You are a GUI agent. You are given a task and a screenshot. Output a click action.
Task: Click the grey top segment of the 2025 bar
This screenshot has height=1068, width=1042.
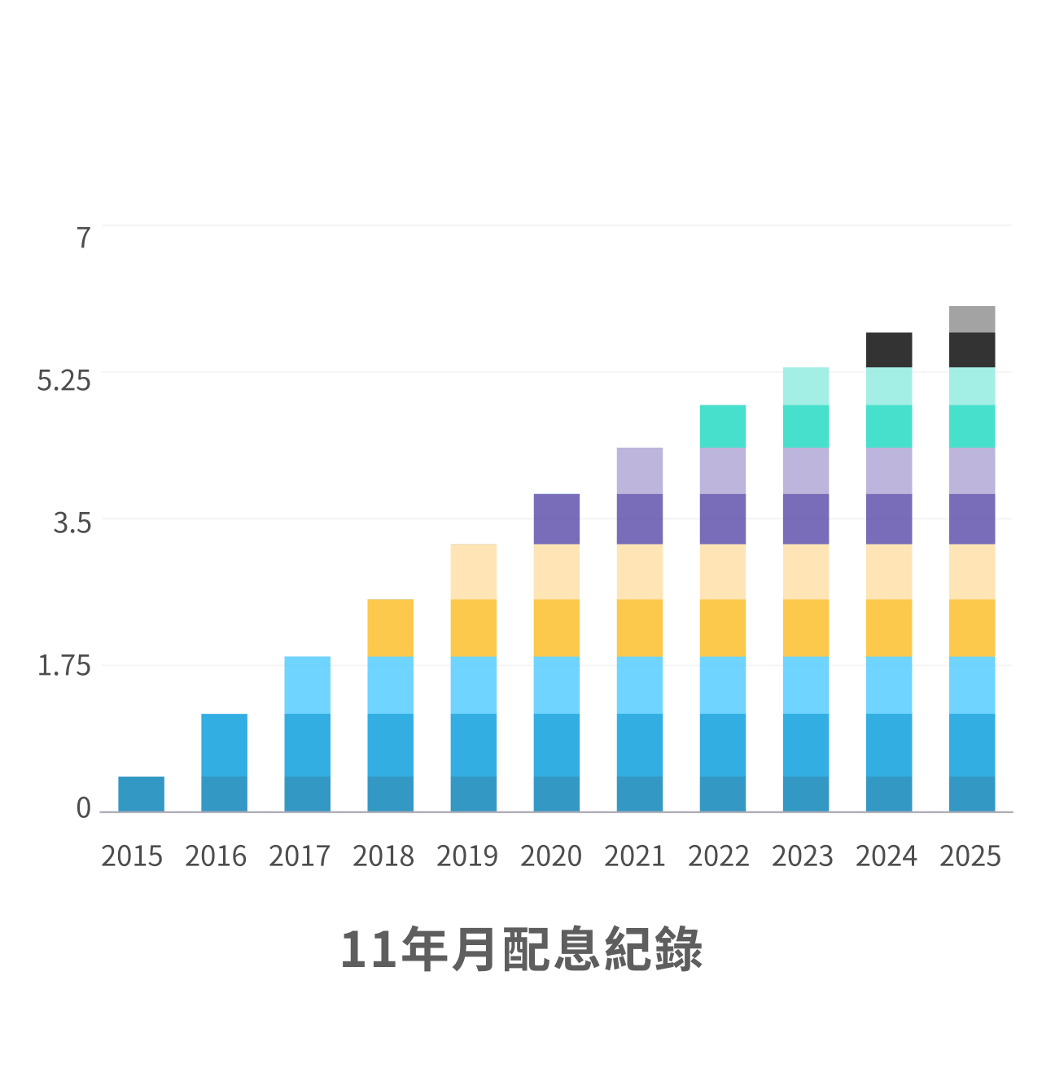(971, 319)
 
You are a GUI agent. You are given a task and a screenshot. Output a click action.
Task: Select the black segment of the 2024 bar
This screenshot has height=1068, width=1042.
(888, 350)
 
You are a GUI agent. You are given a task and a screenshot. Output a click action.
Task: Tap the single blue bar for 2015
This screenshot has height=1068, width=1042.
(141, 794)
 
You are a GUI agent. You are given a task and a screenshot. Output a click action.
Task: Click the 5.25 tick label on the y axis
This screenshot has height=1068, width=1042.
(64, 380)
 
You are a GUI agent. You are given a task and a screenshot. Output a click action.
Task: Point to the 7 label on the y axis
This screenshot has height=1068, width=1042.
(83, 238)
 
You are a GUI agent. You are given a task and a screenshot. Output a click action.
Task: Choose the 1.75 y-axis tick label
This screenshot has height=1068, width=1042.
(64, 666)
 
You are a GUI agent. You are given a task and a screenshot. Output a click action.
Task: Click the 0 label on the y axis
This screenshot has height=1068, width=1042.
(83, 808)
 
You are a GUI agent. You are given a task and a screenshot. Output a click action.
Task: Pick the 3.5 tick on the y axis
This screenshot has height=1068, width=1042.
(72, 523)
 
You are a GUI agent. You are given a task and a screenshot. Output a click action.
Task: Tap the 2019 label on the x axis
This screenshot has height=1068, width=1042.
(467, 856)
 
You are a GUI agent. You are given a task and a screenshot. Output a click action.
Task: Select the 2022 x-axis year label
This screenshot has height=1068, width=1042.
(719, 856)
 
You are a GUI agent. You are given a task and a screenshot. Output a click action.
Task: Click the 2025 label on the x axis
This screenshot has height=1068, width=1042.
(970, 856)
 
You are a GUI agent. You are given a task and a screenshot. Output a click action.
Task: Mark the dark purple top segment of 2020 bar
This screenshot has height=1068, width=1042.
(557, 519)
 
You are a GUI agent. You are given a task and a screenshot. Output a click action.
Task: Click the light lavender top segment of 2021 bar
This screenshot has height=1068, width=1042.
(640, 471)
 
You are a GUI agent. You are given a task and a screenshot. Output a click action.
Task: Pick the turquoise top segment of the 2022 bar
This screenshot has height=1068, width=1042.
(723, 426)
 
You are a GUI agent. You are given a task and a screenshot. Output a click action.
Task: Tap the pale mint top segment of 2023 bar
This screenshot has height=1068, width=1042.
(806, 386)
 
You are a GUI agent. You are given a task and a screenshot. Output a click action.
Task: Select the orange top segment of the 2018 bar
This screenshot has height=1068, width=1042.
(391, 628)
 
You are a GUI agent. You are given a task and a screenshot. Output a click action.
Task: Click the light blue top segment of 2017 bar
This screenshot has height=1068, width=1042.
(308, 685)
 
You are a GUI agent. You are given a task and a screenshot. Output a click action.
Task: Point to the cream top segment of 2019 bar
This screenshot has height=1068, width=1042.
(474, 571)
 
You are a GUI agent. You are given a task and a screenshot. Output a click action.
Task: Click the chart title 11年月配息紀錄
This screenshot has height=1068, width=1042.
(521, 949)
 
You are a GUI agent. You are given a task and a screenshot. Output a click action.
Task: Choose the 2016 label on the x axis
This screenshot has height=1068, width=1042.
(216, 856)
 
